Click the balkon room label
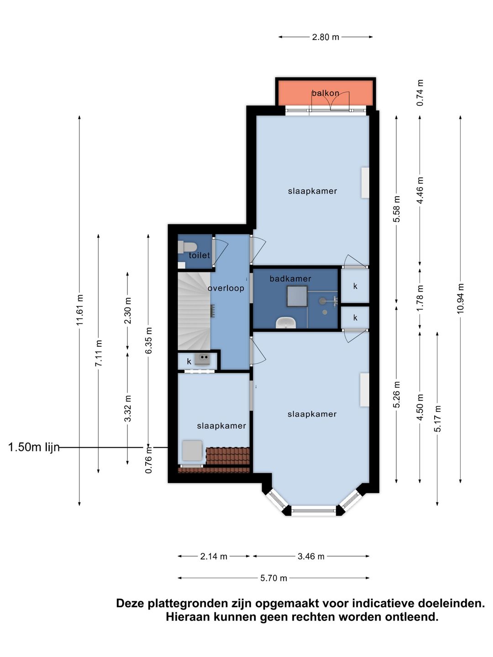[x=325, y=93]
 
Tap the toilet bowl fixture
[x=187, y=248]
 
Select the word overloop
[x=226, y=288]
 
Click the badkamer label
[x=290, y=279]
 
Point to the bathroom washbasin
[x=286, y=322]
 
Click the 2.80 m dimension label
[x=325, y=37]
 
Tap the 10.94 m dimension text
[x=461, y=299]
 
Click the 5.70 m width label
[x=273, y=578]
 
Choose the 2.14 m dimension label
[x=214, y=557]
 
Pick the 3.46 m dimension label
[x=311, y=557]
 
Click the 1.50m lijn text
[x=34, y=447]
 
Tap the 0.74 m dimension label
[x=420, y=93]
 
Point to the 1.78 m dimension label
[x=420, y=298]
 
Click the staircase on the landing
[x=194, y=311]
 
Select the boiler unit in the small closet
[x=203, y=359]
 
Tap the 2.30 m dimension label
[x=128, y=310]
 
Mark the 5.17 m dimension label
[x=438, y=418]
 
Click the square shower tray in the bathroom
[x=297, y=296]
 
